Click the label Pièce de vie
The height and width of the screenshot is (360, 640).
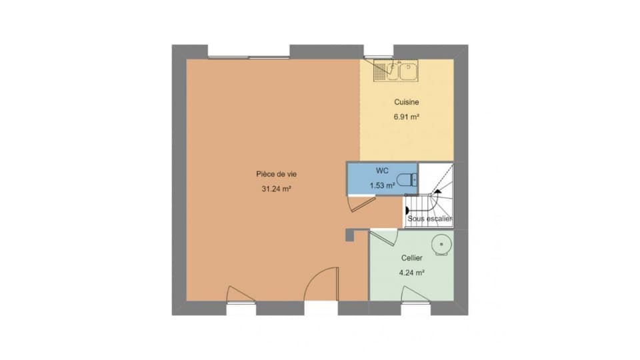tap(276, 174)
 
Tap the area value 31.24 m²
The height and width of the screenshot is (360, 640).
tap(276, 189)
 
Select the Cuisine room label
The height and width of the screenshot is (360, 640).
tap(407, 102)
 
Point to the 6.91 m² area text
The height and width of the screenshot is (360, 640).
tap(407, 117)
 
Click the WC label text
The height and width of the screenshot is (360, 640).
tap(382, 171)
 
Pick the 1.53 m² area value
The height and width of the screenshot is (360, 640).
tap(382, 186)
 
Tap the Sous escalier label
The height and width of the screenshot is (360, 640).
tap(430, 219)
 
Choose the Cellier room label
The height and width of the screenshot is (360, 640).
tap(412, 258)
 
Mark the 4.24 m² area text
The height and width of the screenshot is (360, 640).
tap(411, 273)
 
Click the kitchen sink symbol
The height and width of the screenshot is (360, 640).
tap(395, 71)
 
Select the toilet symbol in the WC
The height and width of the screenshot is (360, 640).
tap(407, 179)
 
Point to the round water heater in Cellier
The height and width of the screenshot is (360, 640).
tap(441, 245)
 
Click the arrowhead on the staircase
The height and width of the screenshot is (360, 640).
tap(437, 191)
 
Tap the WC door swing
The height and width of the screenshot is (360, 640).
tap(361, 203)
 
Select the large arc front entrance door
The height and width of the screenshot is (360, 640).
tap(321, 284)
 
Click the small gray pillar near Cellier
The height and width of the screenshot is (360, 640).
tap(350, 235)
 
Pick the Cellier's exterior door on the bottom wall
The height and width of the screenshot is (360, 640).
tap(415, 295)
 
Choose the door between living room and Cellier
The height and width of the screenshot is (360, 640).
tap(384, 237)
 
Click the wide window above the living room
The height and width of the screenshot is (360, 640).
tap(249, 57)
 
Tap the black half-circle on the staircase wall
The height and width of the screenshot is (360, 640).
tap(407, 211)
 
